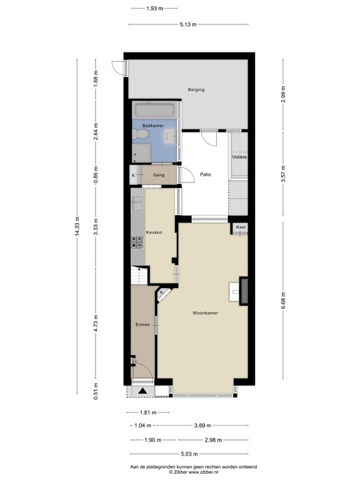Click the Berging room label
(x=196, y=90)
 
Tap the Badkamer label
(x=152, y=126)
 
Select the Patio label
(x=205, y=175)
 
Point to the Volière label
(x=239, y=157)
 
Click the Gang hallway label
(x=159, y=175)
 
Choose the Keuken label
(x=154, y=232)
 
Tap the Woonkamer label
(x=205, y=313)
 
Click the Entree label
(x=142, y=325)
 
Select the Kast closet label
(x=241, y=226)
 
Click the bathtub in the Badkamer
(x=156, y=111)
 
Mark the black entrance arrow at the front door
(x=143, y=391)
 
